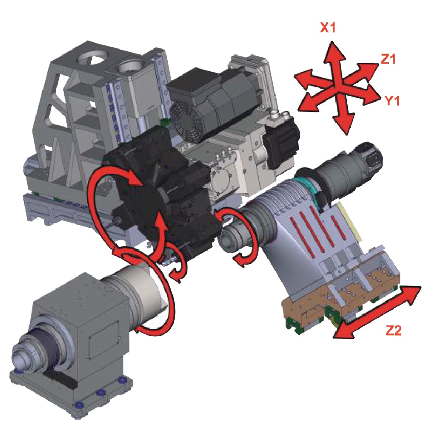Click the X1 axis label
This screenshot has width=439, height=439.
pyautogui.click(x=327, y=28)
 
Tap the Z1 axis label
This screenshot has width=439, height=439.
pyautogui.click(x=388, y=59)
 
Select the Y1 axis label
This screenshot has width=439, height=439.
pyautogui.click(x=392, y=101)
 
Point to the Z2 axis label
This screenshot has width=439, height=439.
pyautogui.click(x=393, y=331)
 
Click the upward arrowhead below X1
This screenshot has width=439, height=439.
pyautogui.click(x=333, y=53)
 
